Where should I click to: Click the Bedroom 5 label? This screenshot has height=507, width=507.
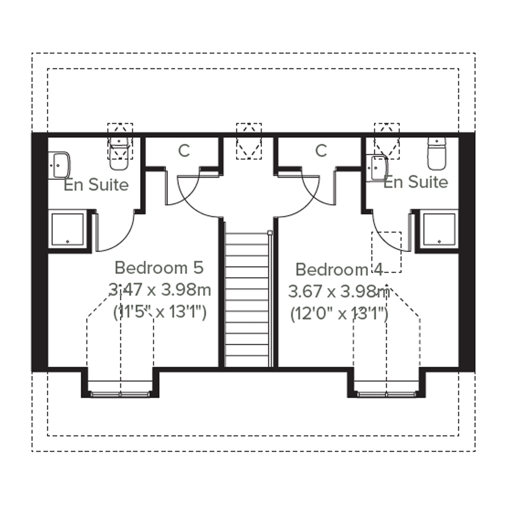159,268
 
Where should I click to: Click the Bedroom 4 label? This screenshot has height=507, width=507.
339,269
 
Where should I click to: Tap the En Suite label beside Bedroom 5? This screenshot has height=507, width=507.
96,185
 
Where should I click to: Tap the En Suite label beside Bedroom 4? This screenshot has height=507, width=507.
416,182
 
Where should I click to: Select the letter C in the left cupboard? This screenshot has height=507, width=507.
184,151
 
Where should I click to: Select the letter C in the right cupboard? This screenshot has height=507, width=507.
321,151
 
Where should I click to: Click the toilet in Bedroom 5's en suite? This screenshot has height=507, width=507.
119,154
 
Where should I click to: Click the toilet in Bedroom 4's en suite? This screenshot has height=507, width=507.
437,154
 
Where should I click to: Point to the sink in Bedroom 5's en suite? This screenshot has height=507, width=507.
59,165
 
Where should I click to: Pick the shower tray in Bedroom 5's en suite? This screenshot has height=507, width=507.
68,230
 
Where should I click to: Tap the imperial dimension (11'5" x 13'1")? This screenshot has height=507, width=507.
160,312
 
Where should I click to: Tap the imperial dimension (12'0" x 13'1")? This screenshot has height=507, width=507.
339,314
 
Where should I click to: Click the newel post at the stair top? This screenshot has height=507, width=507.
270,233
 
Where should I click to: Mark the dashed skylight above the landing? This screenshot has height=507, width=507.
249,141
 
